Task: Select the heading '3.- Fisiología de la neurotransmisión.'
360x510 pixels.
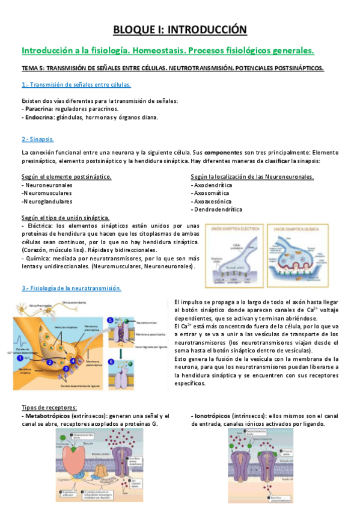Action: click(x=71, y=288)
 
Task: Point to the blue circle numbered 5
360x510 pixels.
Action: click(x=110, y=320)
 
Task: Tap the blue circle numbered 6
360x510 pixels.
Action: click(x=111, y=361)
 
